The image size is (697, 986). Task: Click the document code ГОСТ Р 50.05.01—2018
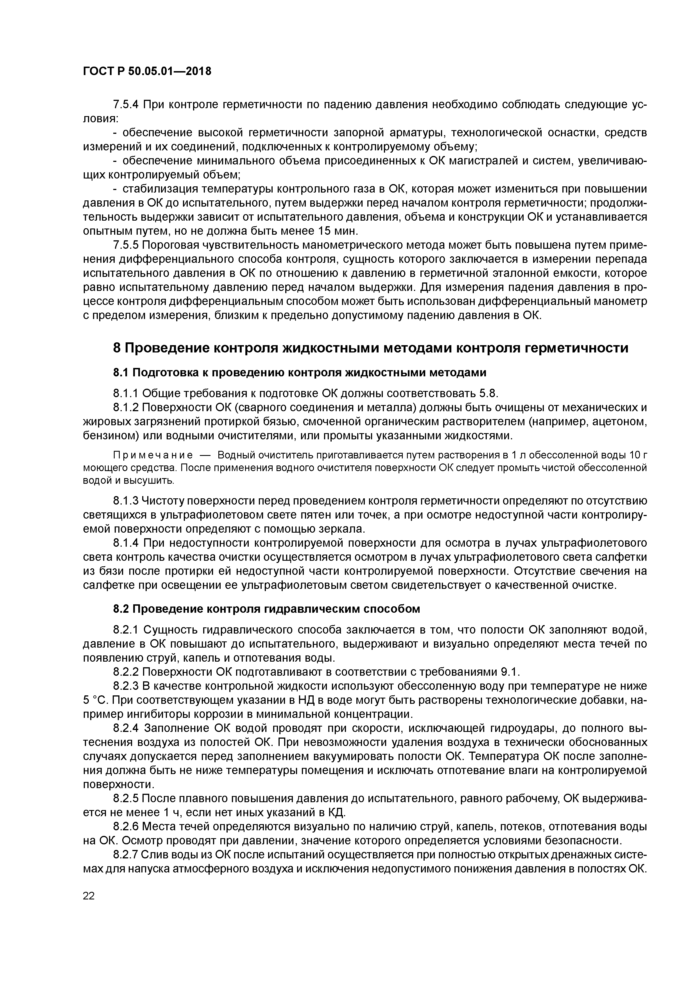[x=147, y=71]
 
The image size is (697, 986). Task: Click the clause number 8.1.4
[x=126, y=543]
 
